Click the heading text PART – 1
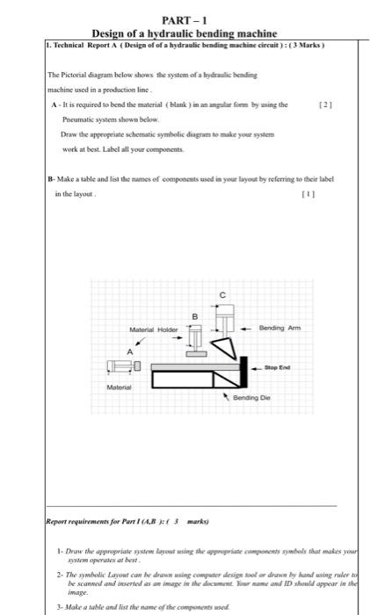[184, 19]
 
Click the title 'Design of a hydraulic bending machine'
[185, 33]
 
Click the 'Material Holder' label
[154, 330]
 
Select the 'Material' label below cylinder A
[119, 387]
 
